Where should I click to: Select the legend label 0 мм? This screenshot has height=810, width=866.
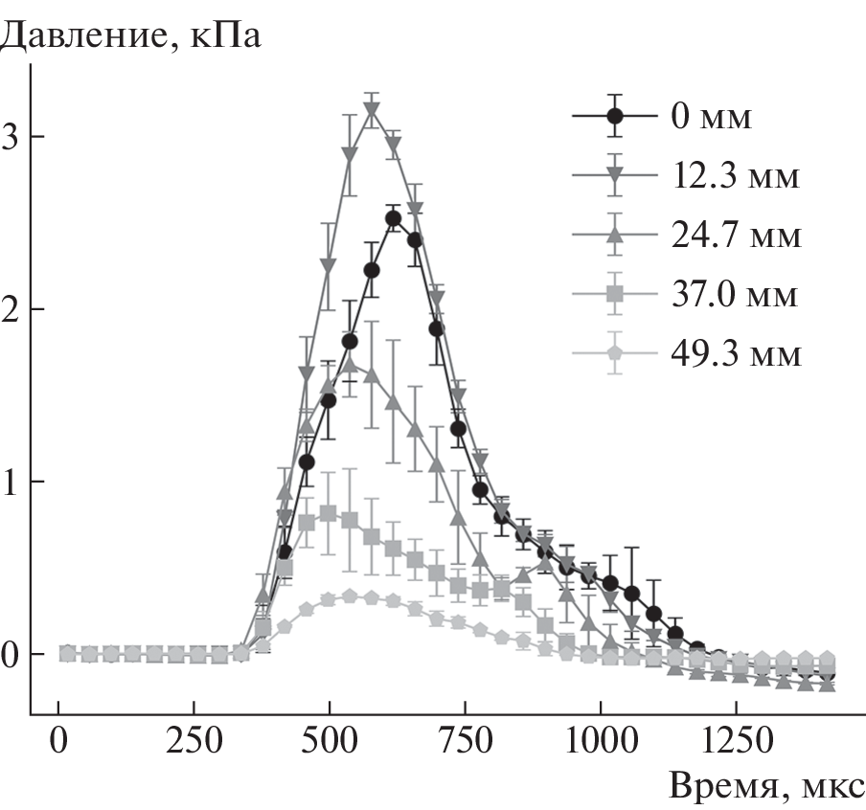pyautogui.click(x=711, y=118)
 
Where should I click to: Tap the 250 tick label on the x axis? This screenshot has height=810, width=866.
pyautogui.click(x=194, y=742)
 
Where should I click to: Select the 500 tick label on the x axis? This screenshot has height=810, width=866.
pyautogui.click(x=330, y=742)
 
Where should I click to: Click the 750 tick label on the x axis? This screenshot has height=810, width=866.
pyautogui.click(x=466, y=742)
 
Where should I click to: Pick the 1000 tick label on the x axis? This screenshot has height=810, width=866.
pyautogui.click(x=601, y=742)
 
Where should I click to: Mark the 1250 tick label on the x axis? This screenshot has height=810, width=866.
pyautogui.click(x=736, y=742)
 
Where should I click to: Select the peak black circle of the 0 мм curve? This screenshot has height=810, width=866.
pyautogui.click(x=393, y=218)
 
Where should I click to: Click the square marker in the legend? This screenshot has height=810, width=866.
pyautogui.click(x=615, y=294)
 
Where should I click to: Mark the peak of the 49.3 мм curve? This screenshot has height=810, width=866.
pyautogui.click(x=350, y=596)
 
